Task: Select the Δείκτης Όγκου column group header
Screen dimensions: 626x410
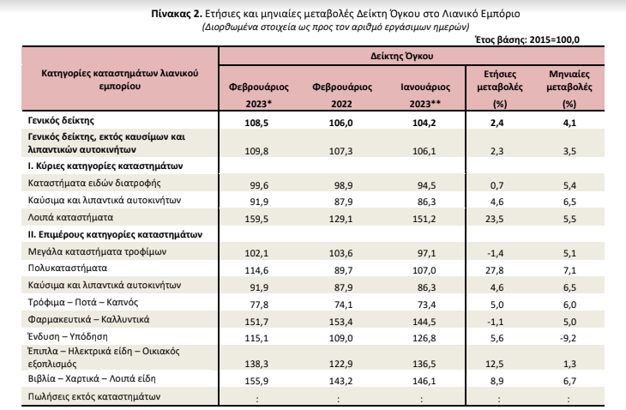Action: (401, 56)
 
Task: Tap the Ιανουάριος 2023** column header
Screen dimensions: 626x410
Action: (425, 95)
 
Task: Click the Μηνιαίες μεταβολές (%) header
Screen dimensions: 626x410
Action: (569, 88)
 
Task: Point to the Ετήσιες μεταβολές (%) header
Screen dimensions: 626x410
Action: (500, 88)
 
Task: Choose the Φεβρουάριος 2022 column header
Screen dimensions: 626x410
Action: (342, 95)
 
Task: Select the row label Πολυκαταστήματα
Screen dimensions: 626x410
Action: (68, 268)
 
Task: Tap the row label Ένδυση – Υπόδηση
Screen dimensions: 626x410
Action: (68, 336)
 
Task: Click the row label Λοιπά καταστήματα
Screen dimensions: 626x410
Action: (70, 218)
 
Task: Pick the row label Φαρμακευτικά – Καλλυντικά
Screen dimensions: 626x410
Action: (88, 319)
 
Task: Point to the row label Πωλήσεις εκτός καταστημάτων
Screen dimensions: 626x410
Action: (94, 396)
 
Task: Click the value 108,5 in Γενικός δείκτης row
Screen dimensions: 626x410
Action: (256, 123)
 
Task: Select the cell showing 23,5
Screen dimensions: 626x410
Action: (494, 219)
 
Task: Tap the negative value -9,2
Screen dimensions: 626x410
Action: (568, 338)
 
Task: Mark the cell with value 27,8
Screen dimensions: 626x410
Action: (494, 270)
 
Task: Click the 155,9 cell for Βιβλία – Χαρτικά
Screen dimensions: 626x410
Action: (256, 381)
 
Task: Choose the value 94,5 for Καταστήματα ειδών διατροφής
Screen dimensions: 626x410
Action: (427, 185)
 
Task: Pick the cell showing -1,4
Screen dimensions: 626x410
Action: (496, 253)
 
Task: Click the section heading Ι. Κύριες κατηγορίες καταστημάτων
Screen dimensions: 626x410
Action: (105, 166)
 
